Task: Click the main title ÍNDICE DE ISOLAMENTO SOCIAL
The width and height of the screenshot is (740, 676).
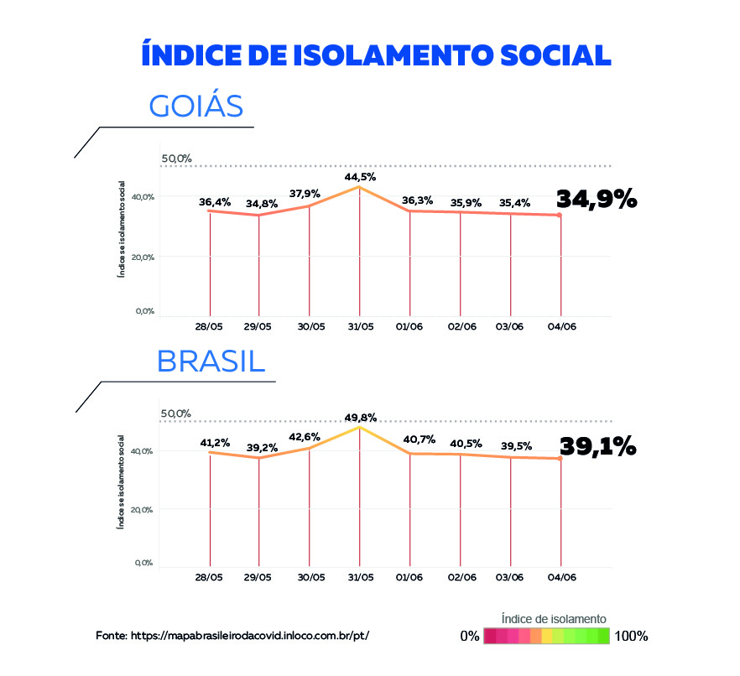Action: (x=376, y=55)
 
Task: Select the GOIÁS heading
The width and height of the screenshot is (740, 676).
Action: (x=196, y=107)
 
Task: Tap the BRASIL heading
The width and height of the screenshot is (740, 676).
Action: (x=211, y=361)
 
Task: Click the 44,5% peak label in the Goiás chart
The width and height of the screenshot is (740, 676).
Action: (x=360, y=177)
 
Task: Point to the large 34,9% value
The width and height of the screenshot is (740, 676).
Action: (x=597, y=200)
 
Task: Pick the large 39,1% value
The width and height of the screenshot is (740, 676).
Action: (x=597, y=446)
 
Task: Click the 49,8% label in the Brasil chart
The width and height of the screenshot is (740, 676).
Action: (x=360, y=417)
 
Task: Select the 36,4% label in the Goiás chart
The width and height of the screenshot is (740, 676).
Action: (x=215, y=202)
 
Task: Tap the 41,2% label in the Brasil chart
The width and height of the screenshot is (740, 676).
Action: (x=215, y=442)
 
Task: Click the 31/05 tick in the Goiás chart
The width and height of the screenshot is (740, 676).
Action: (x=360, y=325)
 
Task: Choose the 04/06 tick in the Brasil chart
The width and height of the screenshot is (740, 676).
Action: (x=561, y=577)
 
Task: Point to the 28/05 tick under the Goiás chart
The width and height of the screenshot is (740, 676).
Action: (x=208, y=325)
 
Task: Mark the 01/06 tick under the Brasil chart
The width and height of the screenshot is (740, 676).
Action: (x=410, y=577)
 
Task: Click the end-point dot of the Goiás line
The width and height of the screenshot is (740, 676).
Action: (x=560, y=216)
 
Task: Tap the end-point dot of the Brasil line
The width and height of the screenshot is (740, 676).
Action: (x=560, y=459)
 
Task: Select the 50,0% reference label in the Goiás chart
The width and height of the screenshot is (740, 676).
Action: (x=176, y=159)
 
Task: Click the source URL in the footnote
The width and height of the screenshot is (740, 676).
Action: (x=250, y=636)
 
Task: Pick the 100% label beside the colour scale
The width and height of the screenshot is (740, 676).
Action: (x=631, y=636)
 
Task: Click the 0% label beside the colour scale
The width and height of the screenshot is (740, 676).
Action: (x=469, y=636)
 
